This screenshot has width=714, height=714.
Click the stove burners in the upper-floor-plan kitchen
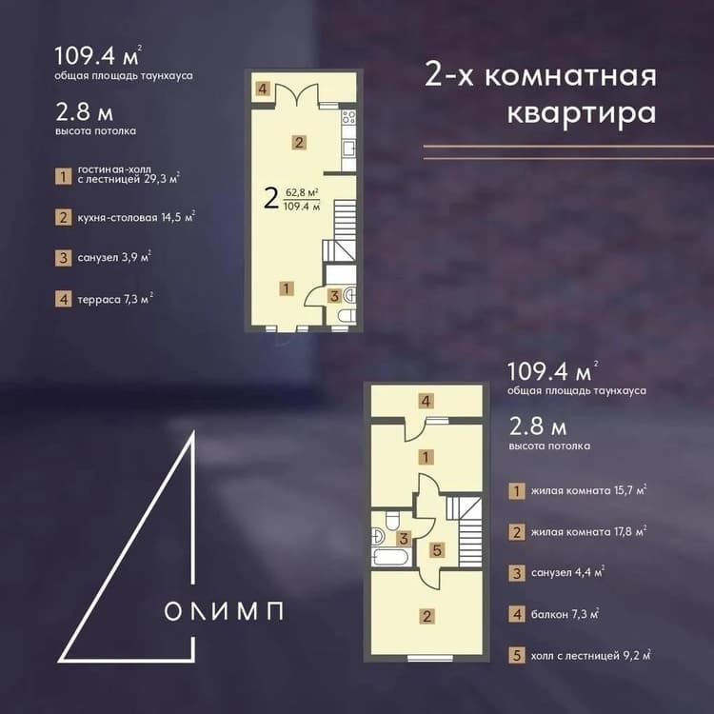pos(348,117)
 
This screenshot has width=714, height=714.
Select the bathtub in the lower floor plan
pos(390,557)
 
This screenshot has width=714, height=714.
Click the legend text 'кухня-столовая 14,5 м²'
pos(136,217)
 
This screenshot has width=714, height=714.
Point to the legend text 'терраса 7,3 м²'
pos(115,299)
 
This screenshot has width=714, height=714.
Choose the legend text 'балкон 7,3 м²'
pos(565,614)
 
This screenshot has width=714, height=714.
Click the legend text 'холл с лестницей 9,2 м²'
pos(590,655)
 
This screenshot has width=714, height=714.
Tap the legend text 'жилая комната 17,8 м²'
pos(588,531)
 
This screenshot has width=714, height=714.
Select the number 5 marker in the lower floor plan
pos(437,550)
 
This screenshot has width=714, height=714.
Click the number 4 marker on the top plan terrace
pos(263,89)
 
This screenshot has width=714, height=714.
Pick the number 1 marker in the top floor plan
pos(287,288)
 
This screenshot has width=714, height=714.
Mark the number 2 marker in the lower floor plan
pos(426,617)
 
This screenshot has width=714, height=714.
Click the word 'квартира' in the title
pos(582,113)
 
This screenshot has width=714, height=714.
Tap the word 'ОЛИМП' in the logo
pos(224,610)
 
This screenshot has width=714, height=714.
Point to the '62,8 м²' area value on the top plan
pos(302,192)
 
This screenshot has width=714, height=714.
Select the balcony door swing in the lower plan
pos(416,429)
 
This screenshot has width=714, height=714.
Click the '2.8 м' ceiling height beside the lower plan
pos(538,426)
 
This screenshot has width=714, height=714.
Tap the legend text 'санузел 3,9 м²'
pos(114,257)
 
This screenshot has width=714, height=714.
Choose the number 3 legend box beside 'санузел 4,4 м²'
pos(516,573)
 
